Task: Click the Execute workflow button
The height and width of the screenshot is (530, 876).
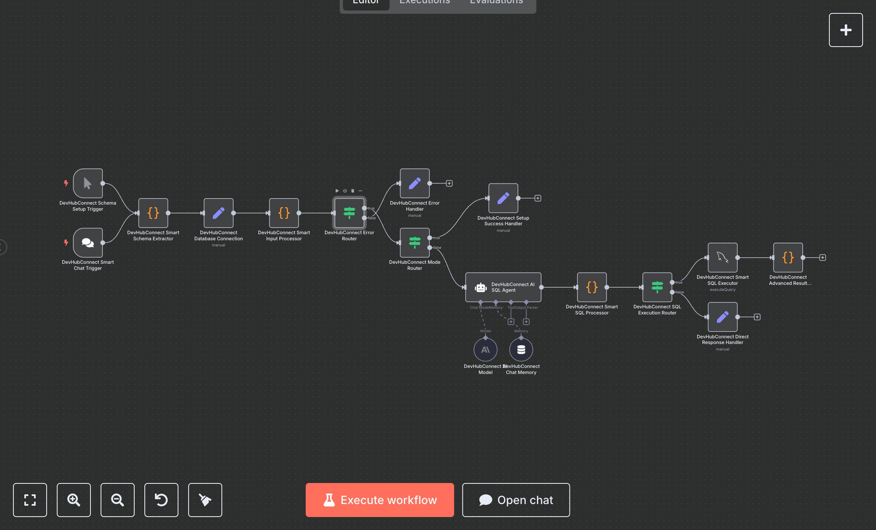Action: (x=380, y=500)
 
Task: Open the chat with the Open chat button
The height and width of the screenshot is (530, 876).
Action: (x=516, y=500)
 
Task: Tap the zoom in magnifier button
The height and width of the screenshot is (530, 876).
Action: (x=74, y=500)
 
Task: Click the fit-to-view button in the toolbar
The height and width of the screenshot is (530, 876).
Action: (x=30, y=500)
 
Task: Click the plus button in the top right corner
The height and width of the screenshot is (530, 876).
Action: (x=846, y=30)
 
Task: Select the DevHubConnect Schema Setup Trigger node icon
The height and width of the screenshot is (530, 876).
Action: (x=88, y=184)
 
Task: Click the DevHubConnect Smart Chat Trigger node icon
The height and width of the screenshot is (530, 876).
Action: (x=88, y=243)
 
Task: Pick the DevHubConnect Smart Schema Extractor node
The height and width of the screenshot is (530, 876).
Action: (x=153, y=213)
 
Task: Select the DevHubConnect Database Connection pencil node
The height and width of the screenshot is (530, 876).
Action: (x=219, y=213)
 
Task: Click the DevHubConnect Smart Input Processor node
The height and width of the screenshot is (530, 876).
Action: (x=284, y=213)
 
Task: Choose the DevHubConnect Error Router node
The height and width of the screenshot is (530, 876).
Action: (x=349, y=213)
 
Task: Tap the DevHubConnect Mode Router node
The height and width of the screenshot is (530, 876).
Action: (x=414, y=243)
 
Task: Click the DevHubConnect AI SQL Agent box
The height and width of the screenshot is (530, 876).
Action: (x=503, y=287)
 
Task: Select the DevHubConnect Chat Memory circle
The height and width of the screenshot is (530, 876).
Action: (x=521, y=350)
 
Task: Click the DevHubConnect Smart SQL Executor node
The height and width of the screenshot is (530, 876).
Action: (x=722, y=258)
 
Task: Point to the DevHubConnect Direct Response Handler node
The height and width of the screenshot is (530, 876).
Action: (x=722, y=317)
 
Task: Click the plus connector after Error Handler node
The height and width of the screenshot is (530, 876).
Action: (x=449, y=184)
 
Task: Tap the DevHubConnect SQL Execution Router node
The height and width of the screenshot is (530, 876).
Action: (x=657, y=287)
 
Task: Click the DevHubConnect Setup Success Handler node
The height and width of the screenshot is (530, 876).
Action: (x=503, y=198)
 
